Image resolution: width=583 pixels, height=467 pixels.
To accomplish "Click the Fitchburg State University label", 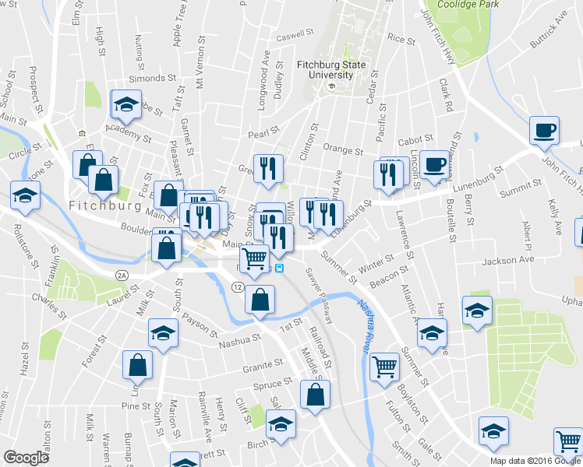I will click(331, 69).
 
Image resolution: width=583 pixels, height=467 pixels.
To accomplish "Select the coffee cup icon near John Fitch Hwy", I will click(545, 130).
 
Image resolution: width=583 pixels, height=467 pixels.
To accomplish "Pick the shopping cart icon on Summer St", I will click(384, 366).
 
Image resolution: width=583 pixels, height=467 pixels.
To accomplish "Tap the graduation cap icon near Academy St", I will click(125, 105).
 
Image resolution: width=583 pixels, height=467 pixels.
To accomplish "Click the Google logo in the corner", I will click(25, 458).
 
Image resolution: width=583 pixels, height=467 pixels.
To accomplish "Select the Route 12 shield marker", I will click(236, 288).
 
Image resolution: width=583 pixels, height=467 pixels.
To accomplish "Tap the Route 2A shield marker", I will click(121, 276).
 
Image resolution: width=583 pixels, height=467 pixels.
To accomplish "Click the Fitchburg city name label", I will click(104, 206).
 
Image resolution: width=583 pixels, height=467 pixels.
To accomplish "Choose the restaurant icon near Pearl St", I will click(268, 169).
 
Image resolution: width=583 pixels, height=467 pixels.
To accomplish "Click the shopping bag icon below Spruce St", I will click(315, 395).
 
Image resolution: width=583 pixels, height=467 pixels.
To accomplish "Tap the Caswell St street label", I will click(294, 35).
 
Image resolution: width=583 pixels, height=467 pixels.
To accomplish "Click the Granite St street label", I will click(263, 364).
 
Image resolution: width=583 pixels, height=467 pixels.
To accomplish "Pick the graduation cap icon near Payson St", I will click(163, 334).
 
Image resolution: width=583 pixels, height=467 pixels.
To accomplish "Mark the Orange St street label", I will click(343, 149).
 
